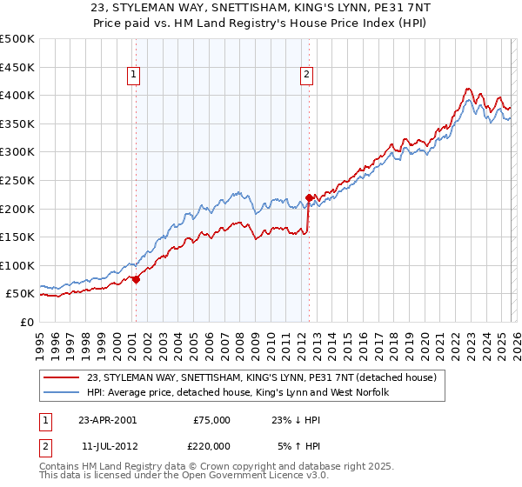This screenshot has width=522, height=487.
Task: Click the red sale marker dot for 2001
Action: [137, 279]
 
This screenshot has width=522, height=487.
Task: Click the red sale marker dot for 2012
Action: [309, 197]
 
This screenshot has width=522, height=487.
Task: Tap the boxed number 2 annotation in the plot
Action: [307, 76]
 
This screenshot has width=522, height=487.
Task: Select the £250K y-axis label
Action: [17, 180]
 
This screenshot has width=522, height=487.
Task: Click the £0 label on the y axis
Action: [25, 322]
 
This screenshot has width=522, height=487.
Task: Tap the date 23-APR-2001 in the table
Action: [107, 419]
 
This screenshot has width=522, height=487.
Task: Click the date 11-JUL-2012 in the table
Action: [107, 444]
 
